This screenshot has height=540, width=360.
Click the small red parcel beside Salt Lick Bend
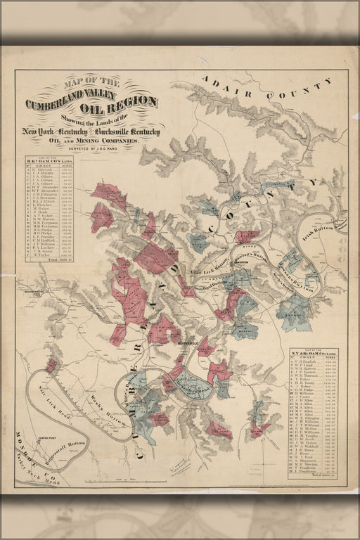[51, 366]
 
